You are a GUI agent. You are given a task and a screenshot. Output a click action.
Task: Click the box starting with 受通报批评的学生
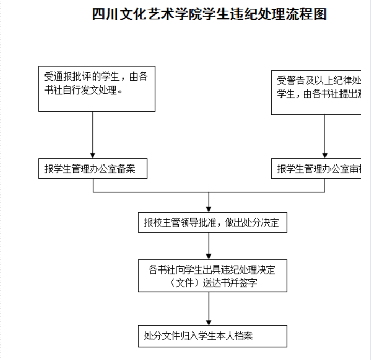coord(97,88)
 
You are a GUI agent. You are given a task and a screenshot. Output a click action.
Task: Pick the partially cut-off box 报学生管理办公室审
coord(321,169)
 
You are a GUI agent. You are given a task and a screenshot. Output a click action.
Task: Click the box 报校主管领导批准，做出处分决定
coord(212,223)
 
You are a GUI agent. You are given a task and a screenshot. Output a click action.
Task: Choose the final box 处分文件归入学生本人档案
coord(212,336)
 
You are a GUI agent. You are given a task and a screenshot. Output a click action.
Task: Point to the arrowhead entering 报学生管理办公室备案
coord(93,154)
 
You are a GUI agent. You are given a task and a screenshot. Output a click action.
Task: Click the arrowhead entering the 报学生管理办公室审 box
coord(325,154)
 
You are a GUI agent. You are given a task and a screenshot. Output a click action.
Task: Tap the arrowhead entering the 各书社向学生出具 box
coord(209,256)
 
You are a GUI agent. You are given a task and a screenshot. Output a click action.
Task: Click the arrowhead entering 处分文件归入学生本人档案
coord(209,322)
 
